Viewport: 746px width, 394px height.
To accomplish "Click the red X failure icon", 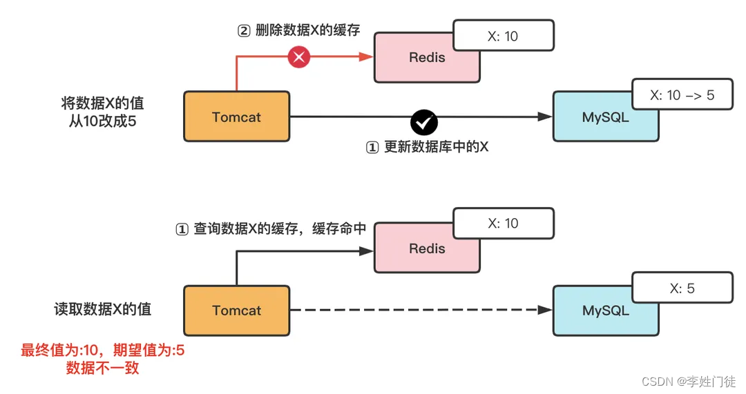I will [x=298, y=58].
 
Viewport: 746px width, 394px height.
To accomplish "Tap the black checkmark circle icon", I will [x=423, y=122].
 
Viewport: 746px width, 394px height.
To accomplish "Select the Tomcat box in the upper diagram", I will [x=236, y=117].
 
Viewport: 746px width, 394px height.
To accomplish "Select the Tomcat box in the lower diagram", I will [x=236, y=311].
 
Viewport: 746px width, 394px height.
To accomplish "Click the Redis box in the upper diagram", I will [x=427, y=58].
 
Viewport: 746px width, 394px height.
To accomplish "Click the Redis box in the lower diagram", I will [x=427, y=249].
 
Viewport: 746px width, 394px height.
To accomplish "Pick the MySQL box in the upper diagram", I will [x=605, y=117].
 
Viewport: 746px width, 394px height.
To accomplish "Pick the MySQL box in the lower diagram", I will [x=605, y=311].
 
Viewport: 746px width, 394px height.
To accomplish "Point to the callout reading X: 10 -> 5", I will [x=682, y=96].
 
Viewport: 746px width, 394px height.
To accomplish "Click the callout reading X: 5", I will [x=682, y=288].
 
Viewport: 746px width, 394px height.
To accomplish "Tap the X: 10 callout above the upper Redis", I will [x=503, y=36].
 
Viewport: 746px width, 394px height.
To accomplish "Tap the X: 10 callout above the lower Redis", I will [x=503, y=224].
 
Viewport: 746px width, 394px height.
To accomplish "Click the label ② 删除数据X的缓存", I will [x=298, y=31].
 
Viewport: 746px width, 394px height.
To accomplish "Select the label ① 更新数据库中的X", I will [x=426, y=147].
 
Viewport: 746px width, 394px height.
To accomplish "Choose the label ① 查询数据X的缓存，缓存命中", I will [x=271, y=229].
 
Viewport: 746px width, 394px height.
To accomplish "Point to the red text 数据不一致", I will [x=102, y=368].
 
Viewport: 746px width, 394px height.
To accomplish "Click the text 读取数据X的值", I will [x=102, y=309].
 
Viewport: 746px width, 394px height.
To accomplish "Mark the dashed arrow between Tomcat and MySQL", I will [x=414, y=311].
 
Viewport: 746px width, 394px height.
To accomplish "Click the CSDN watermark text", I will [x=688, y=381].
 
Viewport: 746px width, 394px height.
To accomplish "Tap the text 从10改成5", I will [x=102, y=122].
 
